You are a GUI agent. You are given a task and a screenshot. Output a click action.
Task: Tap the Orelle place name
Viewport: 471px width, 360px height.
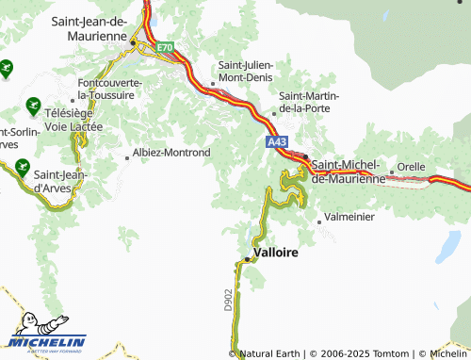(x=412, y=166)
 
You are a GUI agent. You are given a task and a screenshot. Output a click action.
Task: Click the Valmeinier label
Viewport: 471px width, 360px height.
(x=349, y=217)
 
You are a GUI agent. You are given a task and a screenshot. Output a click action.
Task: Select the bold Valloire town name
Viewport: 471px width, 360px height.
(x=276, y=254)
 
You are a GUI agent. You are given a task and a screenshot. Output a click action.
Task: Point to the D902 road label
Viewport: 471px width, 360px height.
(x=228, y=300)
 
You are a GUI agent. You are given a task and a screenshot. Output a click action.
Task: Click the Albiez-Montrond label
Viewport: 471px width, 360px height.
(x=172, y=152)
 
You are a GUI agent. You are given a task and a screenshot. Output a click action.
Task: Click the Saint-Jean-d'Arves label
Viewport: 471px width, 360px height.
(x=62, y=180)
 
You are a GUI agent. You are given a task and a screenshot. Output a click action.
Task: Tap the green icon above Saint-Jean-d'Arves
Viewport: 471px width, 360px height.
(x=20, y=169)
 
